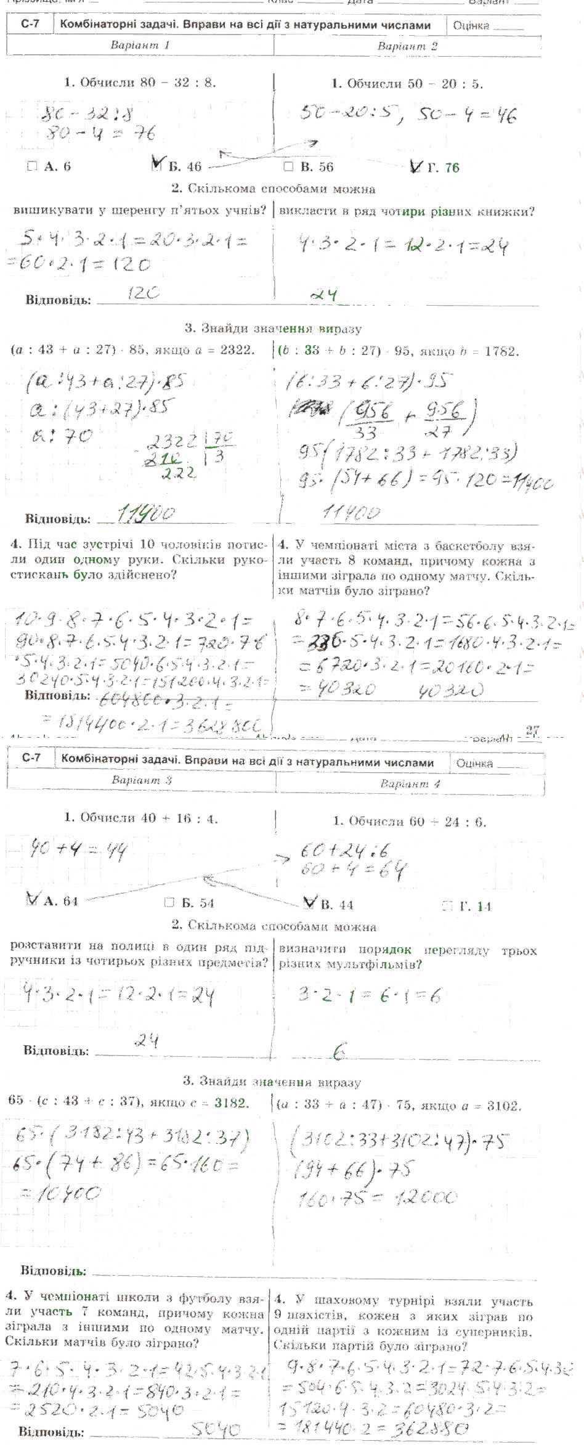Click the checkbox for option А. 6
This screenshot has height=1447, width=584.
click(33, 166)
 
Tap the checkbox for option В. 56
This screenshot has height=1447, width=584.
click(288, 166)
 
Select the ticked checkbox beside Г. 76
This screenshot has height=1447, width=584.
click(416, 166)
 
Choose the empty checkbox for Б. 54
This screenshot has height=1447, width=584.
click(169, 903)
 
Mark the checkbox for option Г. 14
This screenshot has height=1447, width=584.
click(448, 906)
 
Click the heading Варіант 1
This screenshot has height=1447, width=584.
click(140, 45)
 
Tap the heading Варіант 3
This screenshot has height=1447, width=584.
click(141, 780)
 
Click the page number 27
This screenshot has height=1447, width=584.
click(533, 730)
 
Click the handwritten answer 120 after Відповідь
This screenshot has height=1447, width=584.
click(143, 293)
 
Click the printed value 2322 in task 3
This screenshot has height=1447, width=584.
click(235, 350)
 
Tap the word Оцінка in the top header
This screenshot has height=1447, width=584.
click(471, 26)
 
